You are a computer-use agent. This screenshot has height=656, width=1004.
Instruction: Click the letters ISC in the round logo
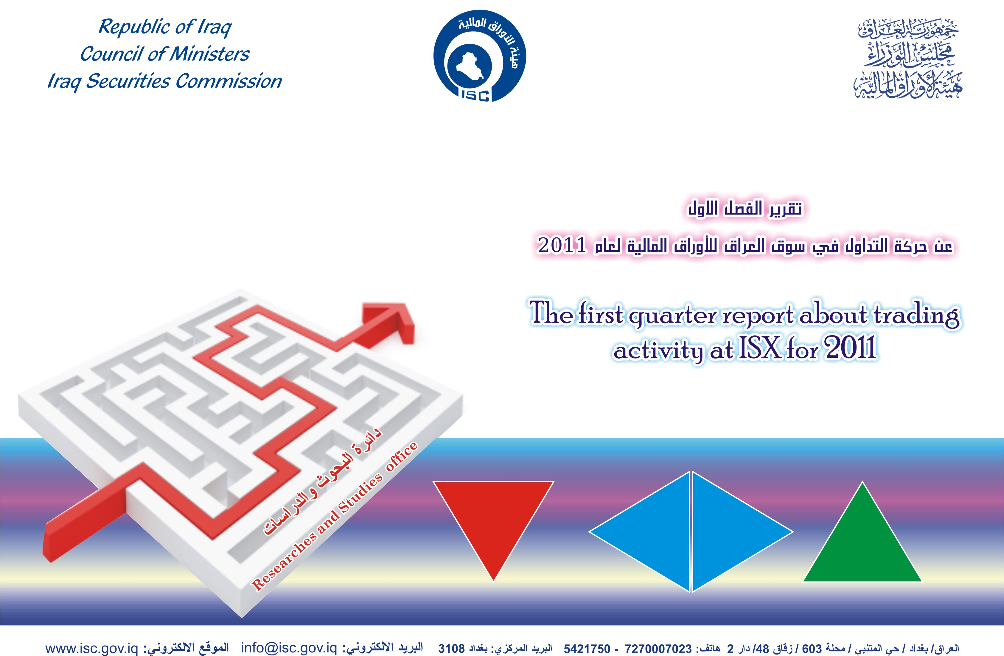(x=475, y=95)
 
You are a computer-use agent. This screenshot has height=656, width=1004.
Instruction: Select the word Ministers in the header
(x=209, y=54)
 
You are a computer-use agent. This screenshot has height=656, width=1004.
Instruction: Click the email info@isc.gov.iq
(x=289, y=648)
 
